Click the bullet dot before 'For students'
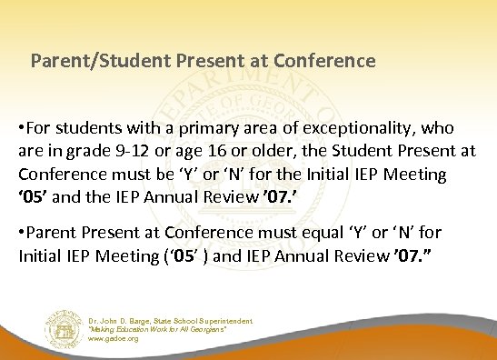click(22, 128)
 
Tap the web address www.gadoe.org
click(114, 338)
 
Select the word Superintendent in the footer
click(224, 321)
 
